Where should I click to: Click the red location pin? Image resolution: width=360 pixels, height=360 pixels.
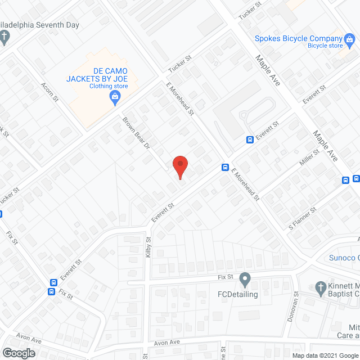click(180, 166)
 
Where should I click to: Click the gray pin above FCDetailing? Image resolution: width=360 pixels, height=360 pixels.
click(245, 278)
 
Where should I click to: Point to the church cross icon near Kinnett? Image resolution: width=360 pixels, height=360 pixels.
click(320, 287)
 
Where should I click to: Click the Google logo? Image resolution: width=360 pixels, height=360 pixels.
click(18, 353)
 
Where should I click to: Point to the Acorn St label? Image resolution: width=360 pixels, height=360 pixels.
click(49, 92)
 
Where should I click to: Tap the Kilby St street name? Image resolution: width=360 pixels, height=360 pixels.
click(149, 247)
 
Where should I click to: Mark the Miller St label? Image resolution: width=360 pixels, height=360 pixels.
click(310, 159)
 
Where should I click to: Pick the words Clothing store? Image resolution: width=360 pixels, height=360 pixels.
click(109, 86)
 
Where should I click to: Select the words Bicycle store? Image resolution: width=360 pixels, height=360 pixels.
click(325, 46)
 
